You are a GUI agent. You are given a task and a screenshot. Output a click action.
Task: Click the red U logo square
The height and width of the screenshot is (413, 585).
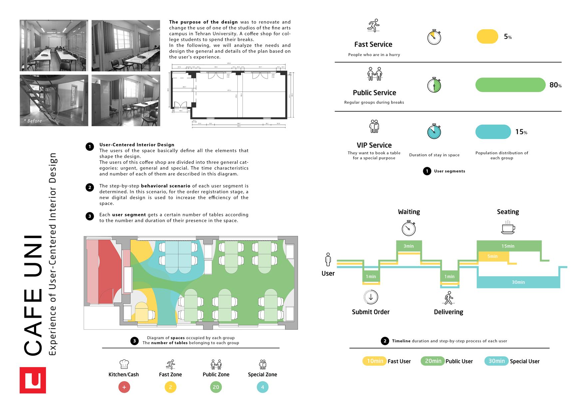pos(33,380)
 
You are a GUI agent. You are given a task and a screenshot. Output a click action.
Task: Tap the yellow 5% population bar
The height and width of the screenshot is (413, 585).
pos(487,37)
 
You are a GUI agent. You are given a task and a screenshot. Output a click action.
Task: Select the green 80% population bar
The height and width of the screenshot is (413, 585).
pos(510,85)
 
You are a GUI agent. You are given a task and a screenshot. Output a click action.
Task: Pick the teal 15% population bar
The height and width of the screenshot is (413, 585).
pos(493,132)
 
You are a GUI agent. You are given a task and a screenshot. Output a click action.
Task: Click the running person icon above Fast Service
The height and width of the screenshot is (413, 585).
pos(374,26)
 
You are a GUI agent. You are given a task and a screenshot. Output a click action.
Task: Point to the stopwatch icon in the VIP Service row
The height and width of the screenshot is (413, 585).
pos(434,131)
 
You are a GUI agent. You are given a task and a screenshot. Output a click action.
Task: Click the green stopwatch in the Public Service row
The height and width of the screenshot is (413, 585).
pos(434,85)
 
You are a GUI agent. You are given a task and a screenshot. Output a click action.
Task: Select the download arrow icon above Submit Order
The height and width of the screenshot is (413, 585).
pos(371,297)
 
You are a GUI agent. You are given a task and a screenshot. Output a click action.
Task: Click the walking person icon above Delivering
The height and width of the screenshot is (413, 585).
pos(448,298)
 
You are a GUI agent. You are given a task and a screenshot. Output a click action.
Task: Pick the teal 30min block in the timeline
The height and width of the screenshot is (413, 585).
pos(518,282)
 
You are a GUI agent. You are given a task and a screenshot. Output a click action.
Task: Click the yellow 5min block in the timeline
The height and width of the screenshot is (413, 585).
pos(493,256)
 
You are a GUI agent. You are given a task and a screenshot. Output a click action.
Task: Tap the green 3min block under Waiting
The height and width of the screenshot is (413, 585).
pos(409,246)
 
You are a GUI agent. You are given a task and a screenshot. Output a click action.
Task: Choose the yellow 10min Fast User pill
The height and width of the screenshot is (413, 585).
pos(375,361)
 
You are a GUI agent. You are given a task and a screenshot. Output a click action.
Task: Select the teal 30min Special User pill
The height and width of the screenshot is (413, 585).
pos(496,361)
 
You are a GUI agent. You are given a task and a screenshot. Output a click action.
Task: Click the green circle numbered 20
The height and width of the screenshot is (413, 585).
pos(216,387)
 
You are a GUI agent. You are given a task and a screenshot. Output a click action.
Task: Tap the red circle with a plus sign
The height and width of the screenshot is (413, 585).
pos(124,387)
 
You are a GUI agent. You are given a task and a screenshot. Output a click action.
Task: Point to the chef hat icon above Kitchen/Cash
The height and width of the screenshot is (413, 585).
pos(124,364)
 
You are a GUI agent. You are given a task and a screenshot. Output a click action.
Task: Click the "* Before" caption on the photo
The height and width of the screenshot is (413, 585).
pos(33,121)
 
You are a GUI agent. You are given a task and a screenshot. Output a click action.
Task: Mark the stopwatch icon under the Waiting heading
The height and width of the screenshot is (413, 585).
pos(409,228)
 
